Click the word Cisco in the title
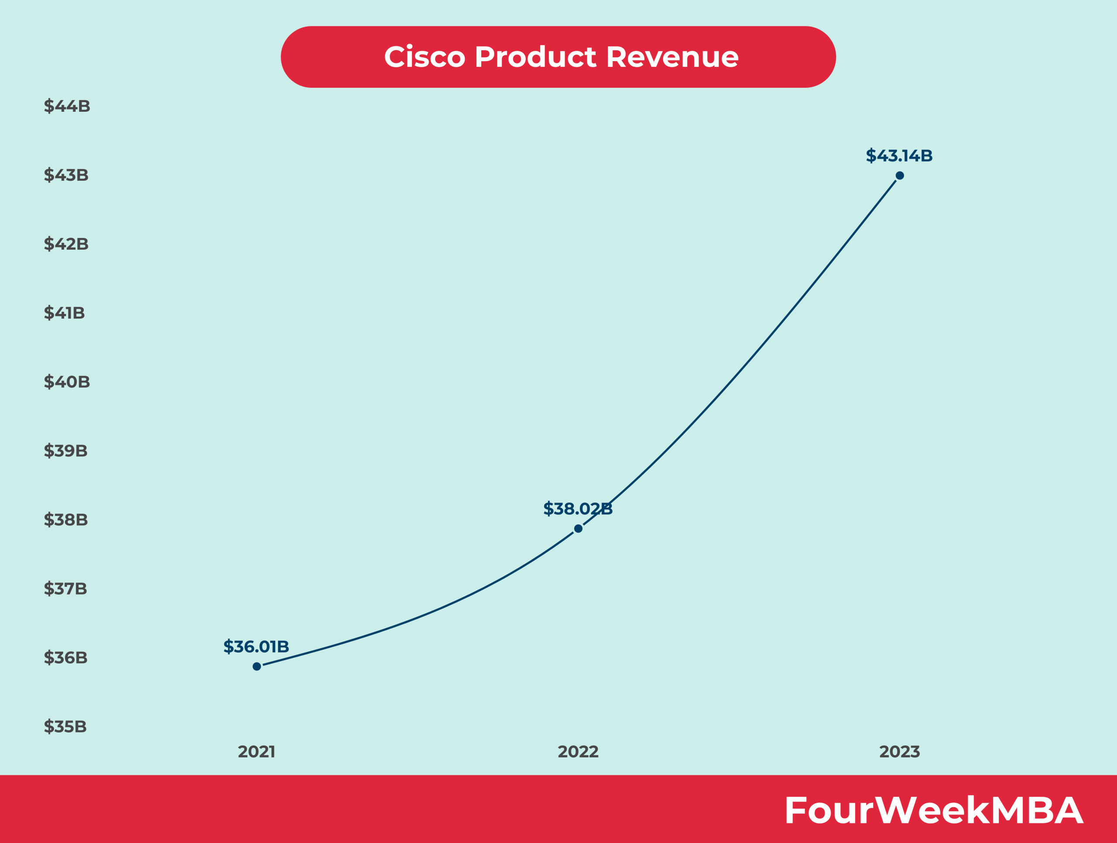424,57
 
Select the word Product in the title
535,57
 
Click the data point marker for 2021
257,666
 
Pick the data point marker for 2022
578,528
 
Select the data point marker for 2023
899,176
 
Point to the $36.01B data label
256,647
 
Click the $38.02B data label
578,509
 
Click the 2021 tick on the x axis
257,752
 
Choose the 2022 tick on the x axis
578,752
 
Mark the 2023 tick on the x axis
899,752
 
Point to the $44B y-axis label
67,106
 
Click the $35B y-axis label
65,726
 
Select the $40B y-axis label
67,382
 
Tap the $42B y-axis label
66,244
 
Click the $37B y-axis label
65,588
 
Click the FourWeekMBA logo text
934,811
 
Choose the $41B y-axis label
64,313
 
